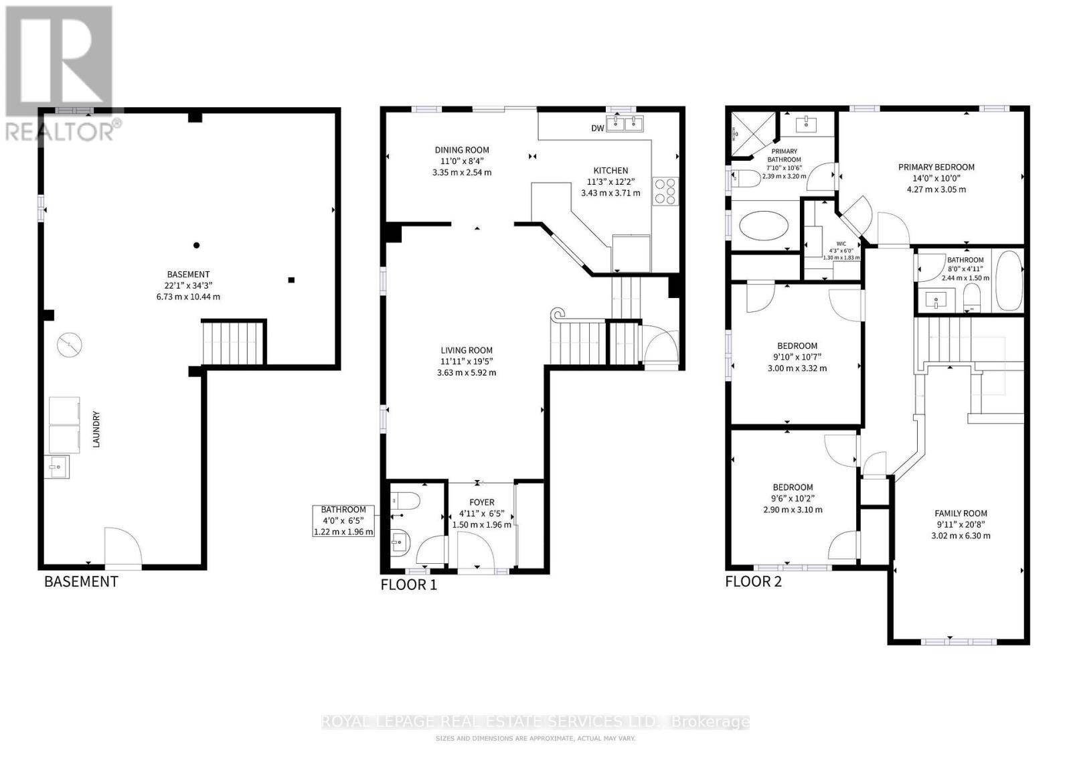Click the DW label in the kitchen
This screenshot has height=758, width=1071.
[598, 128]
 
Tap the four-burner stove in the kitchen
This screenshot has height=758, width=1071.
[666, 190]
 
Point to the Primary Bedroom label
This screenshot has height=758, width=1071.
[936, 167]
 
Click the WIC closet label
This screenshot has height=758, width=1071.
[841, 244]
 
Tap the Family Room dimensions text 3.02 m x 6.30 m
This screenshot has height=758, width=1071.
[961, 536]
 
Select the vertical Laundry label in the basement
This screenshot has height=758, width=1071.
[96, 429]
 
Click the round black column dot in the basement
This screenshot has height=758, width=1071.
[197, 245]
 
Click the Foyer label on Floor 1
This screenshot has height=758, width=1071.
[481, 502]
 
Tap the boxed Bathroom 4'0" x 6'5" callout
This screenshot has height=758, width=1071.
[343, 520]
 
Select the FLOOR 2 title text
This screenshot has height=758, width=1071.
[753, 581]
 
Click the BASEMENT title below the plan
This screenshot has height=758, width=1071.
[81, 581]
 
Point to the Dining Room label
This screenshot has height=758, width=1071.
[462, 150]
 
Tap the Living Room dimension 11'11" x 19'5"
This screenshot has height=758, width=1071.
[467, 362]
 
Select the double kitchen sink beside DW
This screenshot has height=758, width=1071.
[625, 124]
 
